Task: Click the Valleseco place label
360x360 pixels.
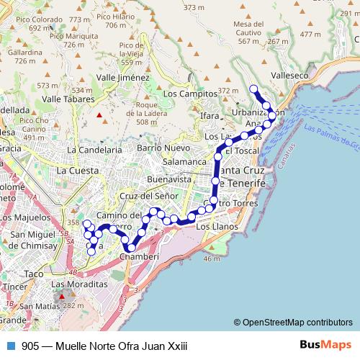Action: tap(291, 75)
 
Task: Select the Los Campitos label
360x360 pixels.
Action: tap(190, 94)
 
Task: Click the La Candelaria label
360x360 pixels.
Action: tap(94, 150)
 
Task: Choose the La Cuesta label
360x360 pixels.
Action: tap(77, 171)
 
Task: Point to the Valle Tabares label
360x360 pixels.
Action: tap(66, 99)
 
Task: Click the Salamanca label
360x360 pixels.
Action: tap(183, 162)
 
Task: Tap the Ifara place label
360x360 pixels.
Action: tap(210, 115)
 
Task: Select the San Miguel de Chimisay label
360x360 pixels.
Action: tap(30, 240)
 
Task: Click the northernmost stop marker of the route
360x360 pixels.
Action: tap(253, 89)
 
